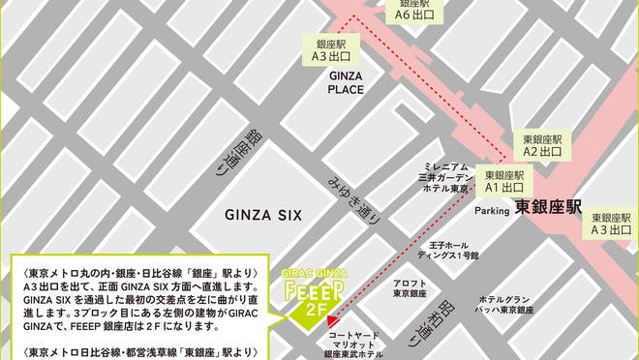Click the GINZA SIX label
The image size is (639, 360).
(x=264, y=215)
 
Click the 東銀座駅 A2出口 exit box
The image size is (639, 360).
(x=542, y=145)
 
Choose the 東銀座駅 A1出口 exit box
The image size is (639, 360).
(x=503, y=181)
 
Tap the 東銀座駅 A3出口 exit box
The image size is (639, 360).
(x=612, y=225)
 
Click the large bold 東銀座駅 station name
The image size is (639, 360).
(x=547, y=206)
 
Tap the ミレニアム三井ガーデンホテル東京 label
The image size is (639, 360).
(x=444, y=177)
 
